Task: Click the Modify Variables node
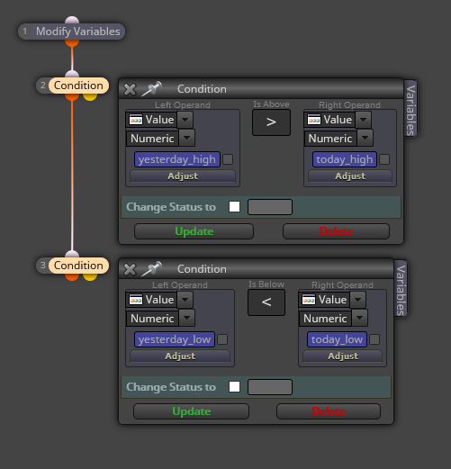coord(71,32)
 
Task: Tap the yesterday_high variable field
coord(177,159)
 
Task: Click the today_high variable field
coord(344,159)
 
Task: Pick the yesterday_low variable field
coord(175,339)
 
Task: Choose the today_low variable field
coord(337,339)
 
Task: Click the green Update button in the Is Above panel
coord(194,231)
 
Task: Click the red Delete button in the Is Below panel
coord(329,411)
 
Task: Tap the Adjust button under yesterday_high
coord(183,176)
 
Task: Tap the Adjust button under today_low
coord(343,356)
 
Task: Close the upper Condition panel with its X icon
coord(130,89)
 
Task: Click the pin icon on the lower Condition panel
coord(151,269)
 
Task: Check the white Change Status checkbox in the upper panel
coord(234,207)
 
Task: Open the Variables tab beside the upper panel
coord(410,109)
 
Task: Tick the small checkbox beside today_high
coord(384,159)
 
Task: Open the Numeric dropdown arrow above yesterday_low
coord(187,318)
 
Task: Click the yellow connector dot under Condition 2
coord(90,96)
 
